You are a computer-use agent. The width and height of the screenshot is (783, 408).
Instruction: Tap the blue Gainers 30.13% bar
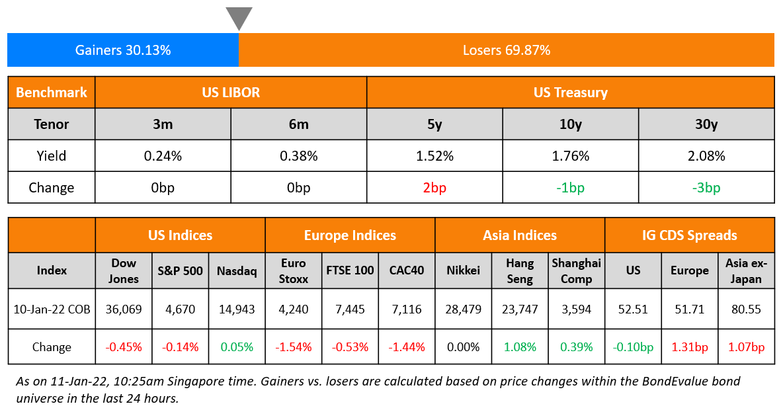click(x=123, y=50)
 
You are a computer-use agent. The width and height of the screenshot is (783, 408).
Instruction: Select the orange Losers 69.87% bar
click(x=506, y=50)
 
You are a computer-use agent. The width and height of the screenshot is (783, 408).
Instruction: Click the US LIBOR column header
click(x=231, y=93)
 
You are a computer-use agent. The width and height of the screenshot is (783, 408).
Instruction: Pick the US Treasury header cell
click(x=570, y=93)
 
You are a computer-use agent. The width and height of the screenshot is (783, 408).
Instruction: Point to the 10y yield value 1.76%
click(x=570, y=156)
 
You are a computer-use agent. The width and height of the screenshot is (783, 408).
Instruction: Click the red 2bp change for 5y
click(x=434, y=188)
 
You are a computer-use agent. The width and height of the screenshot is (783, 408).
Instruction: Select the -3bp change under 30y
click(x=706, y=188)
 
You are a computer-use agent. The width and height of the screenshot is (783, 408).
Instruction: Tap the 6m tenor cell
click(x=298, y=124)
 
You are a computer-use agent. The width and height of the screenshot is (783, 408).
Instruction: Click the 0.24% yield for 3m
click(x=163, y=156)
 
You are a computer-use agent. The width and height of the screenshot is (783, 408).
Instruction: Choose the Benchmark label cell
click(x=52, y=93)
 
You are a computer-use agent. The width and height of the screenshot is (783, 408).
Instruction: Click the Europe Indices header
click(x=350, y=235)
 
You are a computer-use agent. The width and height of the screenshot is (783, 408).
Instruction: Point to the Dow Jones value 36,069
click(x=124, y=309)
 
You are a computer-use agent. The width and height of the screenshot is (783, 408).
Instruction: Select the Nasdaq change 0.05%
click(x=237, y=347)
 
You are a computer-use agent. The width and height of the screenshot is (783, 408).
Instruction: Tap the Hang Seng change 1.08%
click(x=520, y=347)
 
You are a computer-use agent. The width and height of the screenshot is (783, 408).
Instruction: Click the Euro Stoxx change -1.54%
click(x=294, y=347)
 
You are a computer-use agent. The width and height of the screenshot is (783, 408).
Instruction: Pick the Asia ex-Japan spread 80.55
click(x=746, y=309)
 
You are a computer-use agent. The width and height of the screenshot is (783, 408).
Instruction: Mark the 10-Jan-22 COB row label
click(x=52, y=309)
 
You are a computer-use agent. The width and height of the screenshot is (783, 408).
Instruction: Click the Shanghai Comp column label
click(x=576, y=270)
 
